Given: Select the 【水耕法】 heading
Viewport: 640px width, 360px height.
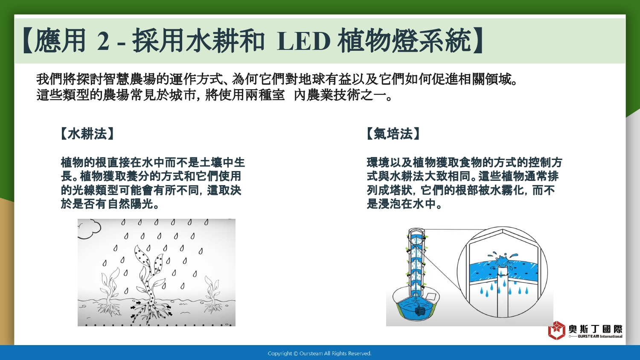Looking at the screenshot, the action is pos(87,134).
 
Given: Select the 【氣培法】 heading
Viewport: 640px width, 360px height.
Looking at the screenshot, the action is pos(393,134).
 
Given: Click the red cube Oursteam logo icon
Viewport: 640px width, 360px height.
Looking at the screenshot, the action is pos(556,330).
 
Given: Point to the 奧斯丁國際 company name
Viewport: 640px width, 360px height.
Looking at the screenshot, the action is pos(596,329).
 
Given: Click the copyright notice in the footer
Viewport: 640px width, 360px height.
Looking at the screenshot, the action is pos(320,354).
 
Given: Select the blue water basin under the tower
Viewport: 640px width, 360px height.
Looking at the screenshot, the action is pos(416,308).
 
